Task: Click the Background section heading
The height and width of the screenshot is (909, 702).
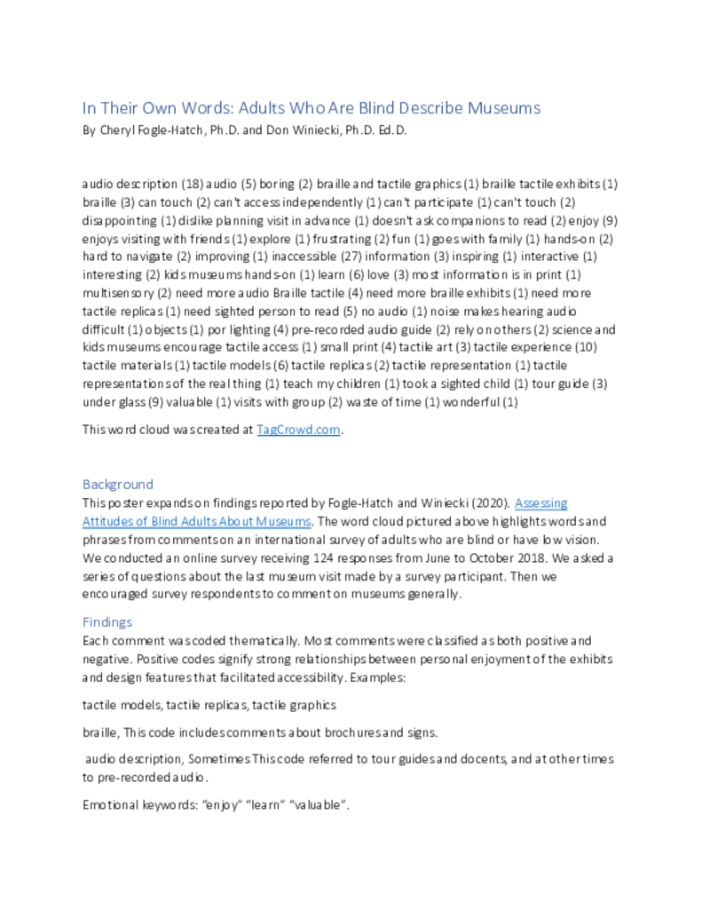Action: pos(118,485)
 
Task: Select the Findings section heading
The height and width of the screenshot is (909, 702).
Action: pos(107,622)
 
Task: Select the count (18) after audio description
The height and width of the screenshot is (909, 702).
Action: pos(193,185)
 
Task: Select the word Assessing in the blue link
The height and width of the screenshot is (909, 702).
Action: pos(541,503)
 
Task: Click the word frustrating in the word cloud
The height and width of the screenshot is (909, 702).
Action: pos(340,240)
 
